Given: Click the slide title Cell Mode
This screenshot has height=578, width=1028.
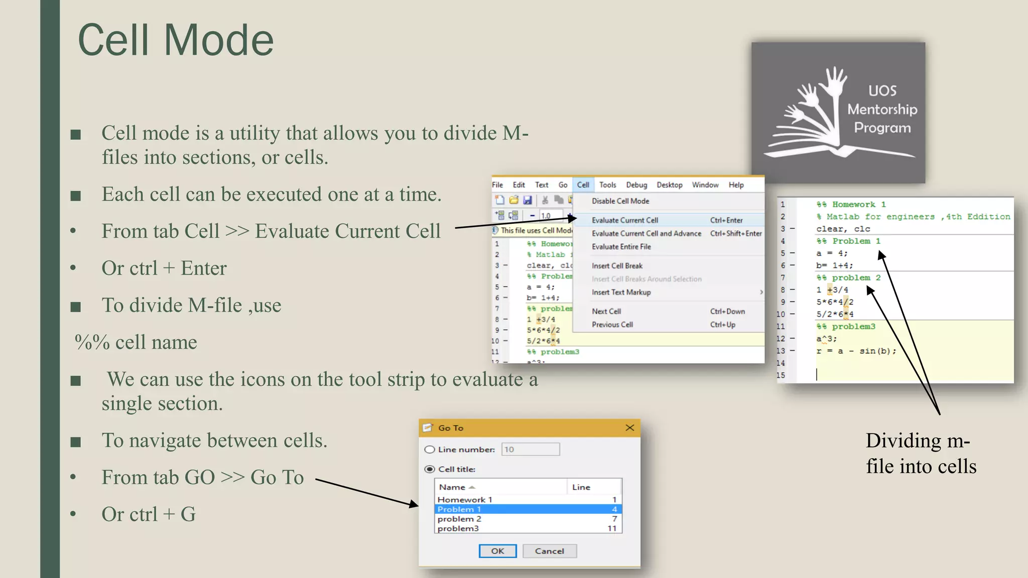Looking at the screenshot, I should click(176, 40).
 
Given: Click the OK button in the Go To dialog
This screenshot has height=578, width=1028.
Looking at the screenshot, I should click(497, 551).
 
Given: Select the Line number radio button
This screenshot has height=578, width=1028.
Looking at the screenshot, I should click(430, 450).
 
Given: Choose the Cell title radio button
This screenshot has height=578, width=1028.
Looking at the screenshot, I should click(430, 469).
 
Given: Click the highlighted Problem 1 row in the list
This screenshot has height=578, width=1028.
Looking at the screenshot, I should click(527, 509).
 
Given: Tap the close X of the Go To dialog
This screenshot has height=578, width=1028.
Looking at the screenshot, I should click(630, 427).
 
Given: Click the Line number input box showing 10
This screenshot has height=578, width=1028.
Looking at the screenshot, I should click(530, 449).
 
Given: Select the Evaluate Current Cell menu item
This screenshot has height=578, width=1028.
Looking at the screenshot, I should click(625, 220).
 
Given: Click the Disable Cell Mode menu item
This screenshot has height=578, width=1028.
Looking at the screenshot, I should click(620, 201).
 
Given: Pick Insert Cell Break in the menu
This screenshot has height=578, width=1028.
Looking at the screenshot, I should click(617, 266).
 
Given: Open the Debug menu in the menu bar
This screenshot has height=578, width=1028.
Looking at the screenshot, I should click(636, 185).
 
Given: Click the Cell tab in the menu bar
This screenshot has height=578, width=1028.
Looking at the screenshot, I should click(583, 185).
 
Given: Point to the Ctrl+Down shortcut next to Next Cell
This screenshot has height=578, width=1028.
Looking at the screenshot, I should click(727, 312).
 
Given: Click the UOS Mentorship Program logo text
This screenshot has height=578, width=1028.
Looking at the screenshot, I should click(882, 109).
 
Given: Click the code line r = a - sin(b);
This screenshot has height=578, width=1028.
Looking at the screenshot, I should click(856, 351).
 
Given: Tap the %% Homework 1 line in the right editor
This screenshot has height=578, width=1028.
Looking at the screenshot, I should click(851, 205).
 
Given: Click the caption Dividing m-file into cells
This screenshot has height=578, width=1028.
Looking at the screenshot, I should click(921, 454).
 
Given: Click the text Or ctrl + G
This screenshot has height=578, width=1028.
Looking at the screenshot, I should click(149, 514).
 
